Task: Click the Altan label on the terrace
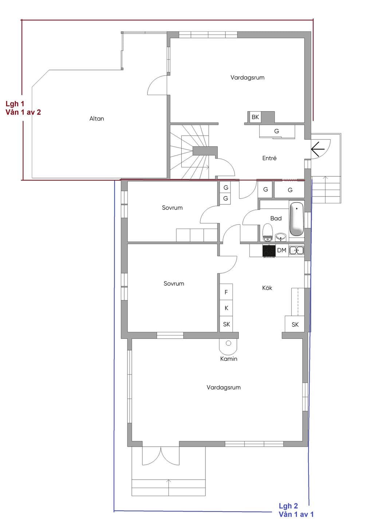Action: tap(97, 118)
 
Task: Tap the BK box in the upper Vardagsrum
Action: tap(255, 117)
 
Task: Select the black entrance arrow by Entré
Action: tap(318, 149)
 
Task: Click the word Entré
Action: tap(269, 158)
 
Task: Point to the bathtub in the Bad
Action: tap(297, 219)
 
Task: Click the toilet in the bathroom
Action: tap(267, 232)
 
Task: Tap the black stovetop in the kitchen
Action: tap(269, 251)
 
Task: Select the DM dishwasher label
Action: tap(282, 250)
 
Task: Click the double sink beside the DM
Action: tap(297, 250)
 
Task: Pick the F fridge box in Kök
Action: tap(226, 292)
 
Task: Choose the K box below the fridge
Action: tap(226, 308)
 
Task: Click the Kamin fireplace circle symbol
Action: tap(228, 343)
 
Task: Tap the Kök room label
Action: tap(267, 288)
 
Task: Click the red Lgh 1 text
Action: tap(15, 104)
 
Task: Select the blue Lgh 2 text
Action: tap(288, 506)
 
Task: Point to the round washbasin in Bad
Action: tap(280, 236)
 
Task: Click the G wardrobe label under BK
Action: tap(276, 131)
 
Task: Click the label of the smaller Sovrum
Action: tap(172, 208)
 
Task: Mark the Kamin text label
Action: tap(228, 359)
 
